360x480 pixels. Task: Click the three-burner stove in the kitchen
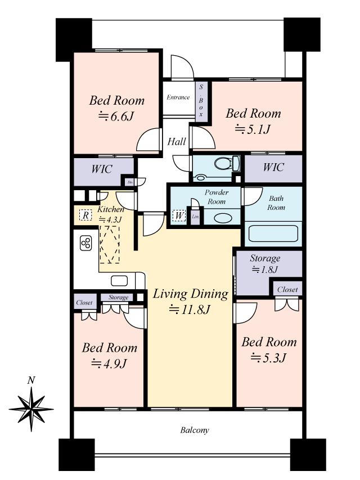click(86, 243)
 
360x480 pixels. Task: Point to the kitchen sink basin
click(119, 281)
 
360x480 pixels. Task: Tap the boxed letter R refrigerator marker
click(85, 215)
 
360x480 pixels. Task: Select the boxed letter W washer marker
click(178, 216)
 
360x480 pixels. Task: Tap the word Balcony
click(195, 430)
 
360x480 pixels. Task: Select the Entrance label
click(178, 97)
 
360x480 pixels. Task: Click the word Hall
click(177, 142)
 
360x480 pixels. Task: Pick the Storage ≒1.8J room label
click(265, 263)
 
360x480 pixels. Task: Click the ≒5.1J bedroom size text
click(253, 129)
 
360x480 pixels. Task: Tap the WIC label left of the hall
click(101, 168)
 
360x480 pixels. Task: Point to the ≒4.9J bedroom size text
click(109, 363)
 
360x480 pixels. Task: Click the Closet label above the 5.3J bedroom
click(287, 290)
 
